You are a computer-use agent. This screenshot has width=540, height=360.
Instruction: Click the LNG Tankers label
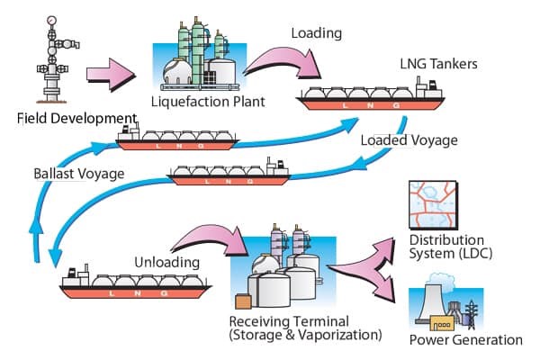pos(437,65)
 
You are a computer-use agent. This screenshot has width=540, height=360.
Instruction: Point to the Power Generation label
pos(465,340)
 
